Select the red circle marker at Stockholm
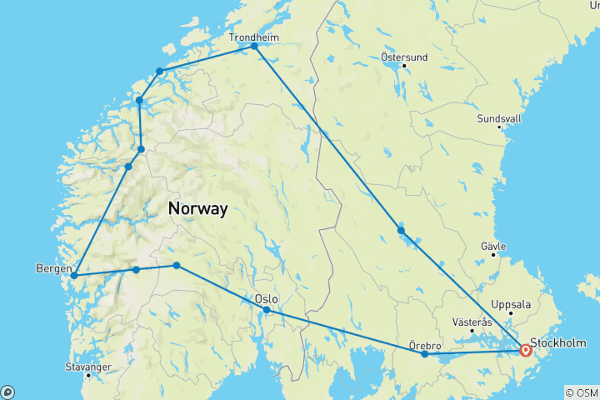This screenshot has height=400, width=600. (526, 351)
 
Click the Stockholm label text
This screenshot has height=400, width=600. (557, 342)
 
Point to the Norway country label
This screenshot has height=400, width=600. (197, 209)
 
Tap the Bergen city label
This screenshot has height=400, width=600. (54, 268)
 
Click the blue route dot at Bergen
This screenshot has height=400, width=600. (74, 275)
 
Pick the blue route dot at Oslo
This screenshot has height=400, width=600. (267, 310)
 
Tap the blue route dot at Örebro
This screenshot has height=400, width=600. (425, 354)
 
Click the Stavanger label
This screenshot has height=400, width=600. (87, 366)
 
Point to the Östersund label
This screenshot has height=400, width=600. (403, 57)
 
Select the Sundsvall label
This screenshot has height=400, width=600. (499, 118)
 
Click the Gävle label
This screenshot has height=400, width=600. (493, 247)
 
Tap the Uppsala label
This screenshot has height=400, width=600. (512, 304)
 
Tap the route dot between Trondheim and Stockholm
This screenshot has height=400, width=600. (401, 230)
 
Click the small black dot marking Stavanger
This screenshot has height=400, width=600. (87, 376)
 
